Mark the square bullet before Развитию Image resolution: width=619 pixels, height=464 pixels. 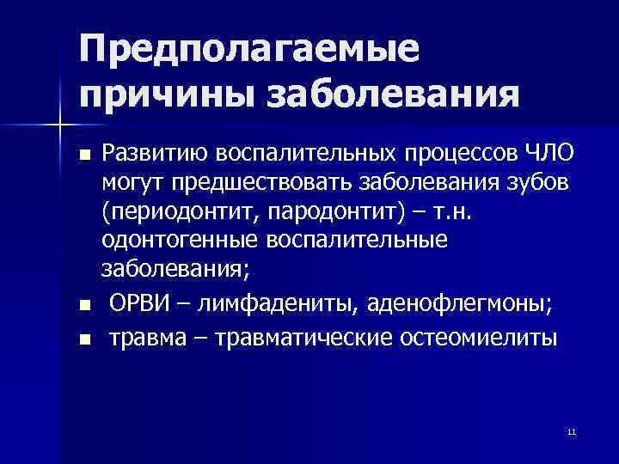(83, 156)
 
